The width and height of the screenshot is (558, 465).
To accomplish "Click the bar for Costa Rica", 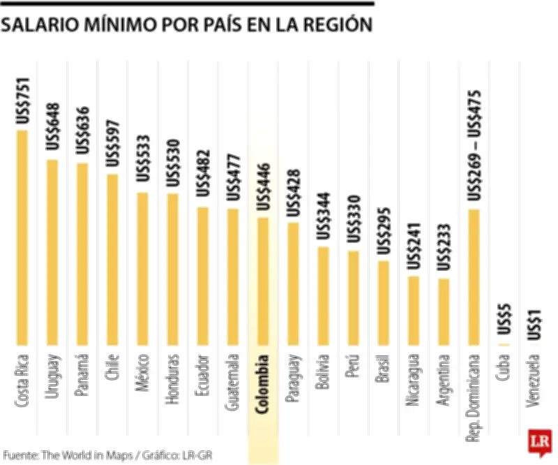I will [22, 237].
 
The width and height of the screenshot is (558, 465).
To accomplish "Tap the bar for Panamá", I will [82, 254].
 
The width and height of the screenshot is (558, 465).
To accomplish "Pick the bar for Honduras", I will [172, 270].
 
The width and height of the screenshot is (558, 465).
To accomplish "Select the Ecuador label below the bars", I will [202, 376].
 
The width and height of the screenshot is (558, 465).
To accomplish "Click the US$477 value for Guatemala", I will [233, 177].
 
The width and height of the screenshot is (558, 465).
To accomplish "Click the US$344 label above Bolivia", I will [323, 216].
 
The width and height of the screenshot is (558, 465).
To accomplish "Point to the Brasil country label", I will [383, 369].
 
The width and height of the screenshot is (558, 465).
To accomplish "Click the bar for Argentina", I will [444, 311].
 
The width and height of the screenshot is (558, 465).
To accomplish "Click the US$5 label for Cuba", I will [504, 327].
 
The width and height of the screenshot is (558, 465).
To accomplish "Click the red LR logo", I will [540, 441].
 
